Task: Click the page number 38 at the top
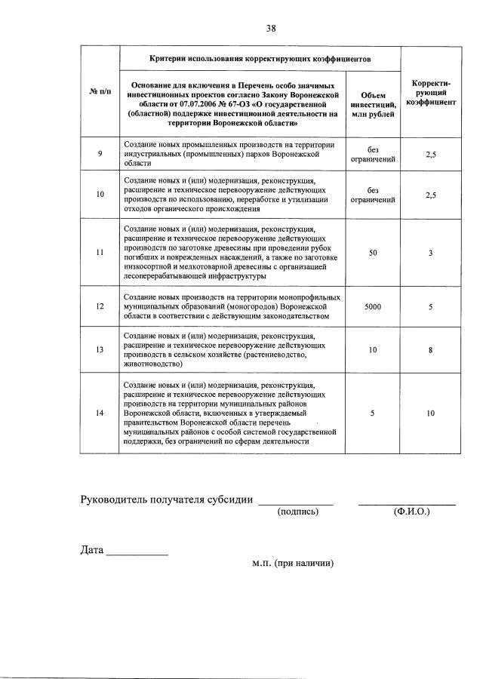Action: [x=271, y=29]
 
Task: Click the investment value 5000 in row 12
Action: [x=373, y=306]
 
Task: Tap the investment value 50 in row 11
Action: [x=373, y=253]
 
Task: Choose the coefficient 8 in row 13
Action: [x=430, y=349]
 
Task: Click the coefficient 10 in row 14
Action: [x=430, y=413]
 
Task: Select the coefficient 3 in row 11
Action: [x=430, y=253]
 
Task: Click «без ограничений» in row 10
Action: [x=373, y=195]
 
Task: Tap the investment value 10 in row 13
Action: [x=373, y=349]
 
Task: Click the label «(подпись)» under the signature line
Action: [x=298, y=512]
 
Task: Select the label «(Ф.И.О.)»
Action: [x=411, y=512]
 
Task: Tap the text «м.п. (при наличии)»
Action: [x=293, y=563]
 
